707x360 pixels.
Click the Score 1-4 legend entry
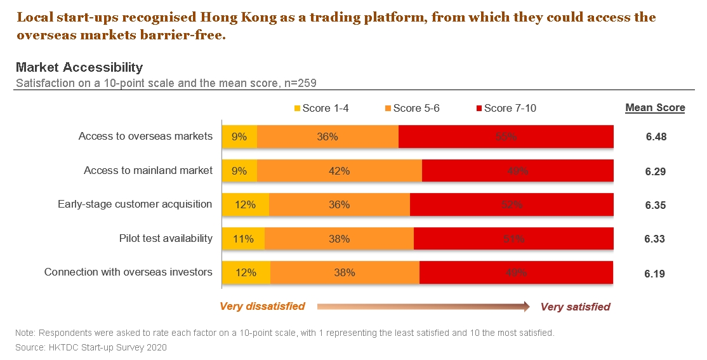(x=321, y=108)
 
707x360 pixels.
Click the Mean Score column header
(x=655, y=108)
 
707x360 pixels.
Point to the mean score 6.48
(x=656, y=137)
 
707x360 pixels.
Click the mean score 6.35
(x=656, y=205)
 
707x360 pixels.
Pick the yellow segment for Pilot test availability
(x=244, y=239)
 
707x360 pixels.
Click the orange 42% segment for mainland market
(x=340, y=171)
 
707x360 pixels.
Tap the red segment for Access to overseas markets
(x=506, y=137)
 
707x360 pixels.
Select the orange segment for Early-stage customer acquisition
(x=340, y=204)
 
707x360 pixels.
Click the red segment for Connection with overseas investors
(x=516, y=272)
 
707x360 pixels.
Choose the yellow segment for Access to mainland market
(x=239, y=171)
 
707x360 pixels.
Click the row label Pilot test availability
(x=166, y=239)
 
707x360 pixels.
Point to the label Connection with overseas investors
(x=128, y=272)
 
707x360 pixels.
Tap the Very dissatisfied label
(x=262, y=307)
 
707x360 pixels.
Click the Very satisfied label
(x=575, y=307)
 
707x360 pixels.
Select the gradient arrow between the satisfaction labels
(x=423, y=307)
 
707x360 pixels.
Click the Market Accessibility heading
(x=79, y=67)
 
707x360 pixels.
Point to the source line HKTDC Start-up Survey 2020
(x=91, y=347)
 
